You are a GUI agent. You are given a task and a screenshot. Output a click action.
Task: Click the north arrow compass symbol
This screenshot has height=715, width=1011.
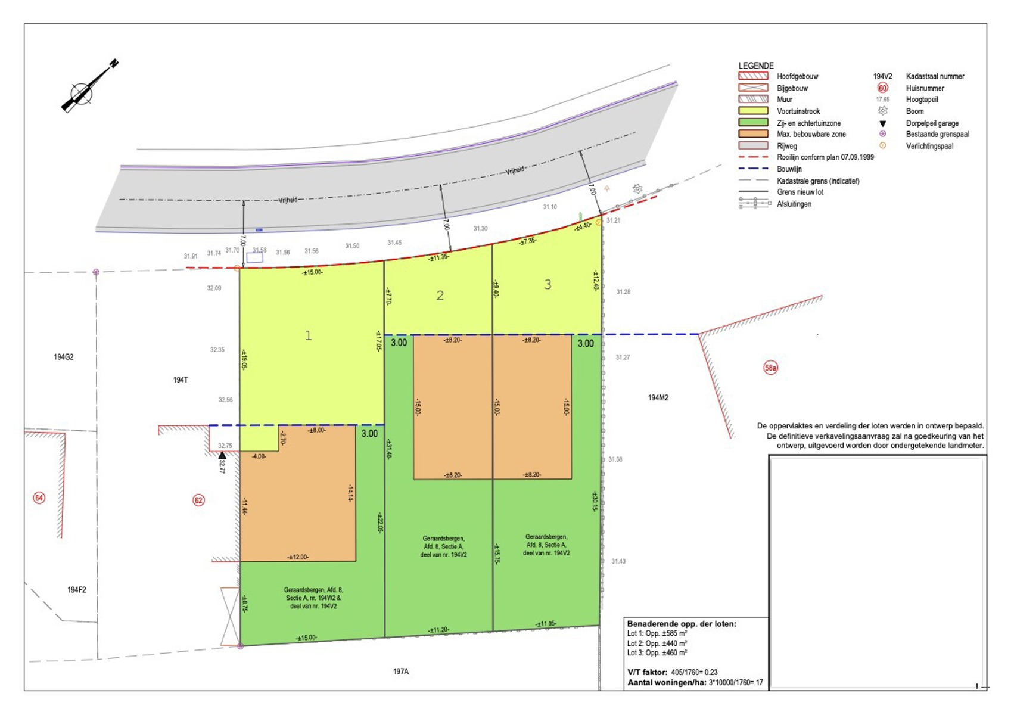click(x=82, y=94)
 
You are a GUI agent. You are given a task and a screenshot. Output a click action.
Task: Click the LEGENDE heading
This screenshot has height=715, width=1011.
click(x=756, y=66)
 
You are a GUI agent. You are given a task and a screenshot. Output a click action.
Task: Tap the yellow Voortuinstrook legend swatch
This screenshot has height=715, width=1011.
click(x=753, y=111)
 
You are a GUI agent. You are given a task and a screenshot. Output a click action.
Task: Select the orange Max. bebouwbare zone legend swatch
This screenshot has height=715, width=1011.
click(x=753, y=134)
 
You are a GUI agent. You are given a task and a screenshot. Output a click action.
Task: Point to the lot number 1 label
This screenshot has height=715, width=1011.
click(x=308, y=335)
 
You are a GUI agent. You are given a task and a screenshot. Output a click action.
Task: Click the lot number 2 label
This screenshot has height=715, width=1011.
click(x=440, y=296)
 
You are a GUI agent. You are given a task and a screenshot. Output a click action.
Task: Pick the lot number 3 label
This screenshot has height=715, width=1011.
click(x=548, y=285)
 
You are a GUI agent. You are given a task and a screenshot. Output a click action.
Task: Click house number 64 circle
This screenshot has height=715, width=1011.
click(x=39, y=498)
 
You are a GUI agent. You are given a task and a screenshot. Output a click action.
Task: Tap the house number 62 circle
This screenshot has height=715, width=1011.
click(x=198, y=500)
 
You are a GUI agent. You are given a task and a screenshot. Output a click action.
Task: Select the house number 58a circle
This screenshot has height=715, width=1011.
click(x=770, y=368)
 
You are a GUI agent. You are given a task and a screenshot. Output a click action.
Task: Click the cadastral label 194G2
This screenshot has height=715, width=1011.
click(x=64, y=357)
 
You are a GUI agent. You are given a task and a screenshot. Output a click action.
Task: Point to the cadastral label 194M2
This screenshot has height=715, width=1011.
click(x=658, y=397)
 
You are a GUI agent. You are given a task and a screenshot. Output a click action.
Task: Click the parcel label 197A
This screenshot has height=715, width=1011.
click(x=401, y=672)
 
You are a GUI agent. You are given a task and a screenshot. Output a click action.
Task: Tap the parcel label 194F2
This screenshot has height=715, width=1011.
click(x=76, y=590)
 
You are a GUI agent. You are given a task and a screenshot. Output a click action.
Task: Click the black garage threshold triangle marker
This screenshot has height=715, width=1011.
click(x=222, y=455)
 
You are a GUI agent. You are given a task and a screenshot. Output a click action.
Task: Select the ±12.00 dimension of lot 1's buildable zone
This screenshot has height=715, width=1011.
click(x=298, y=557)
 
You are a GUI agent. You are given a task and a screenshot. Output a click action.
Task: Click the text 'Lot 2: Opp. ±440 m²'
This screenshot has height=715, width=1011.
click(x=657, y=643)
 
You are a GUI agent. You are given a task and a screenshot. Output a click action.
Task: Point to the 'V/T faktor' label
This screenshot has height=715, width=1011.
click(x=647, y=672)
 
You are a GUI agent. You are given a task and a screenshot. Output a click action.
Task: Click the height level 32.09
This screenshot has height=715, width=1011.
click(x=214, y=288)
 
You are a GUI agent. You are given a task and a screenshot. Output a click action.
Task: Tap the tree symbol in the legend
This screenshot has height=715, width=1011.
click(x=882, y=111)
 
